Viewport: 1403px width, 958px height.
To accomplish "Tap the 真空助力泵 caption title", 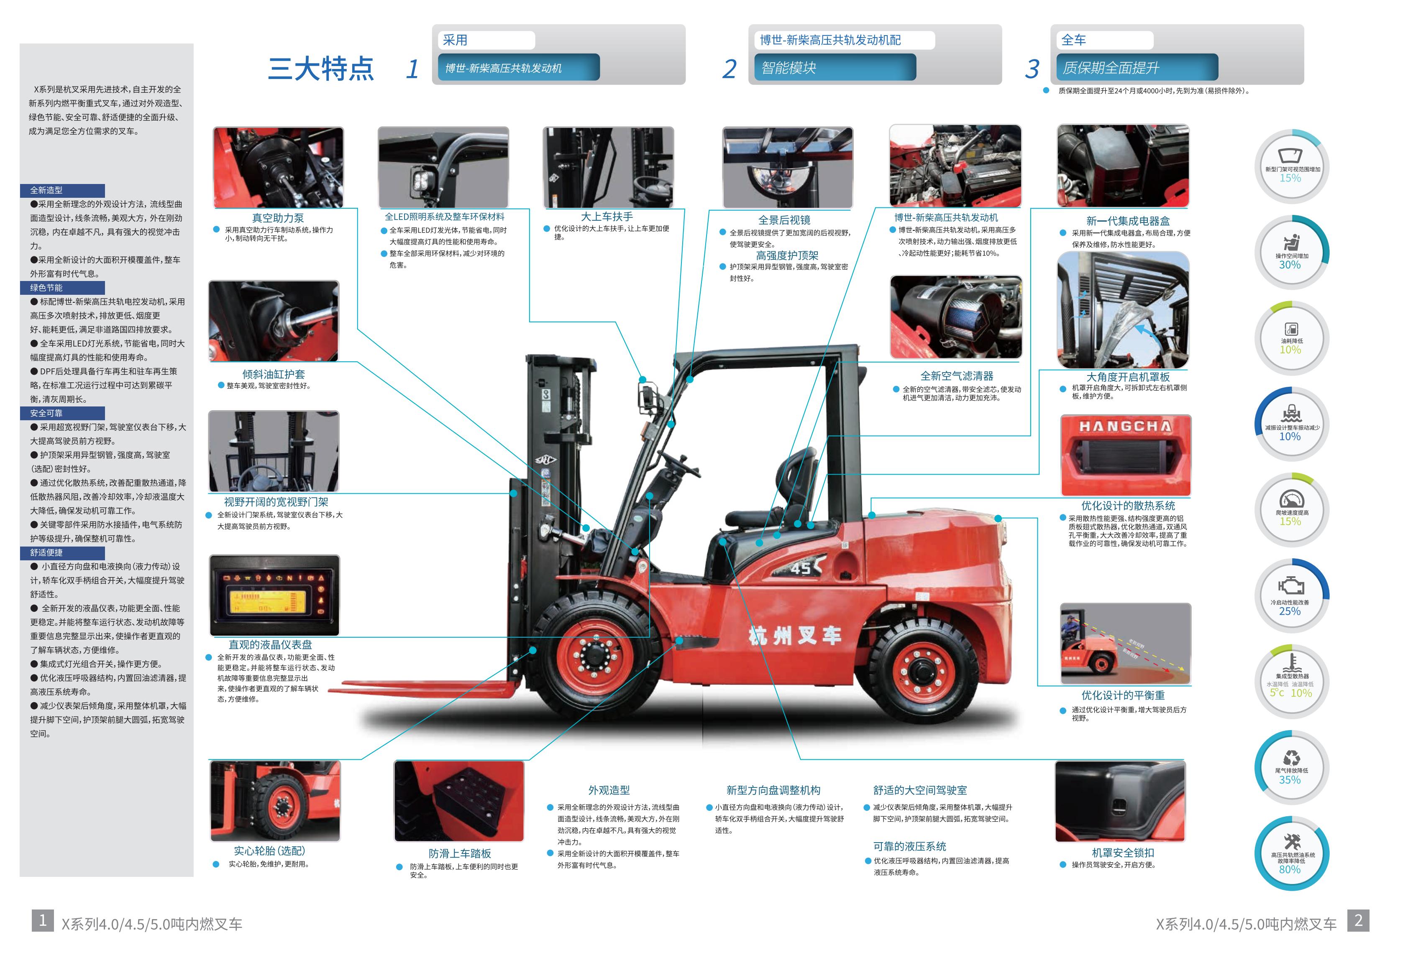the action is point(278,218).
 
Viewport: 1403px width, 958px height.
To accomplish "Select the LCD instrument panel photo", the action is point(275,595).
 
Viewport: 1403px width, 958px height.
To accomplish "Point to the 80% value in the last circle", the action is point(1290,869).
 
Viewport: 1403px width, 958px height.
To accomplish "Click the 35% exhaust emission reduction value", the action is point(1290,779).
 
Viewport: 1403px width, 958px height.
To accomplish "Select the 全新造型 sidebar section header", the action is point(62,190).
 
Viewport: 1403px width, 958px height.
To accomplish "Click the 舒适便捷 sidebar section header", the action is point(62,552).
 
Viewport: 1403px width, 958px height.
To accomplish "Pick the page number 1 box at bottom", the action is point(43,920).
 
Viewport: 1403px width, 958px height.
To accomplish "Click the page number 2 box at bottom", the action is point(1358,920).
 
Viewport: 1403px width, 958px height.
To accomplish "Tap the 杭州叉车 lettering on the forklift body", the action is point(794,636).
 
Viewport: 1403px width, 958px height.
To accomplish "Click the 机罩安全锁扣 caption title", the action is point(1123,852).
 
